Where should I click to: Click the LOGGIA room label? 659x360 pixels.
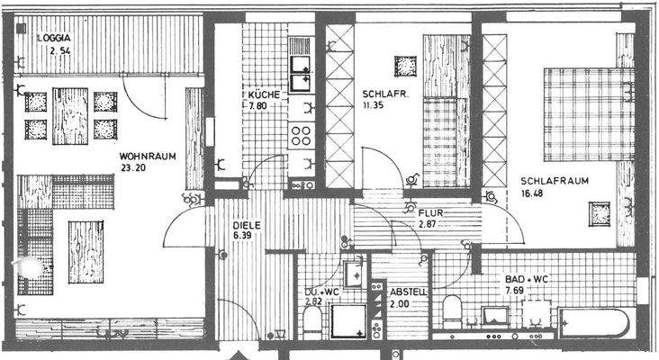coord(54,38)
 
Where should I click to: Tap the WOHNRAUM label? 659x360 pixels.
coord(147,156)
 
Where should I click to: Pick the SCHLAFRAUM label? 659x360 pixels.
coord(554,180)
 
